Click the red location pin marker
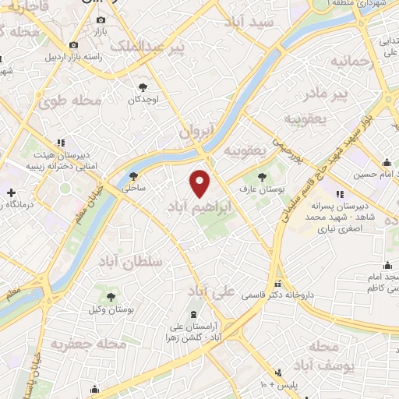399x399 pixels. [201, 184]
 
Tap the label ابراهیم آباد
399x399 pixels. [195, 208]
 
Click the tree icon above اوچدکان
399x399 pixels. [143, 87]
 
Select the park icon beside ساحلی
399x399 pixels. [134, 175]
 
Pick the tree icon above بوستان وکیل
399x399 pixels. [110, 296]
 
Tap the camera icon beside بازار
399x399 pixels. [101, 19]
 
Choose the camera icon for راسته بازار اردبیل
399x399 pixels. [74, 45]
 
